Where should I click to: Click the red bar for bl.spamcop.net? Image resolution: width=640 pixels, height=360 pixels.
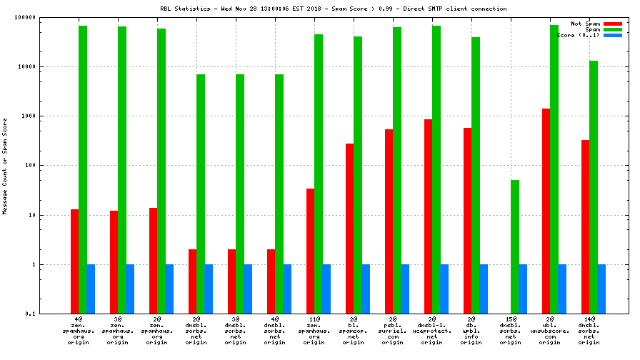[x=350, y=229]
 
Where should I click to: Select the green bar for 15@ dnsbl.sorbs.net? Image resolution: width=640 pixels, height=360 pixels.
[x=515, y=246]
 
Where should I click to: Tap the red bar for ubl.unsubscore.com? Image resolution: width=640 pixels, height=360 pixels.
[x=546, y=211]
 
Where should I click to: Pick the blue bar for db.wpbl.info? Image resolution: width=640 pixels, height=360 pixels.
[x=484, y=289]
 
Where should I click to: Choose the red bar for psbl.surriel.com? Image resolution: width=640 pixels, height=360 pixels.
[x=389, y=221]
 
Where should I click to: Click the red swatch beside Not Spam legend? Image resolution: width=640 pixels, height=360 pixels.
[x=612, y=24]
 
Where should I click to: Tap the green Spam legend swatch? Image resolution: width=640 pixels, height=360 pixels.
[x=612, y=29]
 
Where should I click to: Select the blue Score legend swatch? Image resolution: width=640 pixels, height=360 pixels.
[x=612, y=35]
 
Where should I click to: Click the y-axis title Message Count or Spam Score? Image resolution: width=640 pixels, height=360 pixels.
[x=5, y=166]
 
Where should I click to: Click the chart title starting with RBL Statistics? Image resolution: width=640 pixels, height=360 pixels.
[x=334, y=9]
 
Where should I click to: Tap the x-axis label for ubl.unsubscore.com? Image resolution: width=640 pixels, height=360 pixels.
[x=550, y=331]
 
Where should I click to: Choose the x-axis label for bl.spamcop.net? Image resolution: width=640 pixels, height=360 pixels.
[x=354, y=331]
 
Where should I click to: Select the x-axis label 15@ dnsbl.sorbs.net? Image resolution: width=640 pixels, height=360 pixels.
[x=511, y=331]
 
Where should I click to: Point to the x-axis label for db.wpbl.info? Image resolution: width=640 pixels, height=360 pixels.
[x=471, y=331]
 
